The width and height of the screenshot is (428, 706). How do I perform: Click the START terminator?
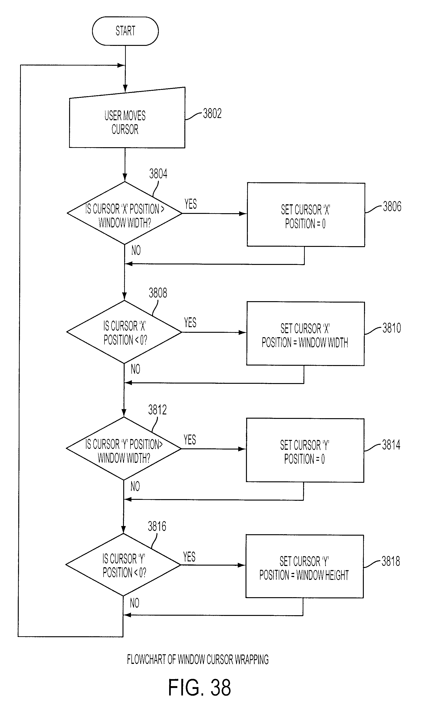point(125,31)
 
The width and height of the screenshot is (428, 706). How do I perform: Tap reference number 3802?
point(212,113)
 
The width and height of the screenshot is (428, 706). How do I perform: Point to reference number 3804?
point(158,174)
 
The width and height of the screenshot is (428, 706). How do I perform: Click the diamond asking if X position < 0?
point(124,332)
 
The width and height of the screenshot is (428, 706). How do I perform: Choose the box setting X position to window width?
point(305,333)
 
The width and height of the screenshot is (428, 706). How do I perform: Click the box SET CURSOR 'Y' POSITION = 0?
point(305,450)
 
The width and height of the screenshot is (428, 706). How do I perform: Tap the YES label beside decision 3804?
point(190,204)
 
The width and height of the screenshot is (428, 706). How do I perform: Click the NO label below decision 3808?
point(135,369)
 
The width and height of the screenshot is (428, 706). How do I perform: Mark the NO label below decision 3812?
point(135,486)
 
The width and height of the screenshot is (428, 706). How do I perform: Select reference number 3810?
point(392,328)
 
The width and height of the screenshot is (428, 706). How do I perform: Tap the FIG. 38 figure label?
point(199,687)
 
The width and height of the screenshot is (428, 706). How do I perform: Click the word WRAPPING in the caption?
point(252,660)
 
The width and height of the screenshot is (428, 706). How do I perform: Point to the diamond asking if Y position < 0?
point(123,564)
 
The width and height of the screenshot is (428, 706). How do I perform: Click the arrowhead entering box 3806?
point(243,214)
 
